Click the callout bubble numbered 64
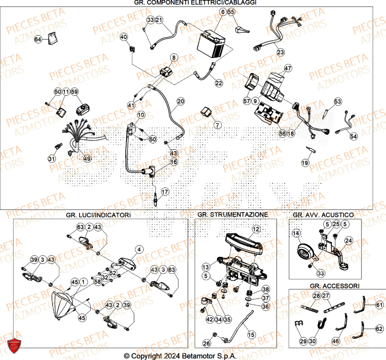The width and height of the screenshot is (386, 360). point(38,39)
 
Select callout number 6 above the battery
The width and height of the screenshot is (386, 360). point(222,12)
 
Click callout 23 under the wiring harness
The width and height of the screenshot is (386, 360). point(281,52)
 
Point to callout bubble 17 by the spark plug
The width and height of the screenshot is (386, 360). point(165,191)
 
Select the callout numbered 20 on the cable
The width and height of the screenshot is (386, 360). point(181,102)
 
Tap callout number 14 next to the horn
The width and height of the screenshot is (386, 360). point(296,233)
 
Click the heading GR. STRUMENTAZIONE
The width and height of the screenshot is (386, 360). point(232,214)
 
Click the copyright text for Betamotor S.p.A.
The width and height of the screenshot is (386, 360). point(180,355)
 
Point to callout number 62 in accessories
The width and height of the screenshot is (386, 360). point(379,329)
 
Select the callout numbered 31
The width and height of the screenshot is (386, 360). point(51,159)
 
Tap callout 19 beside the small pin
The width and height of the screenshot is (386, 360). point(305,163)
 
